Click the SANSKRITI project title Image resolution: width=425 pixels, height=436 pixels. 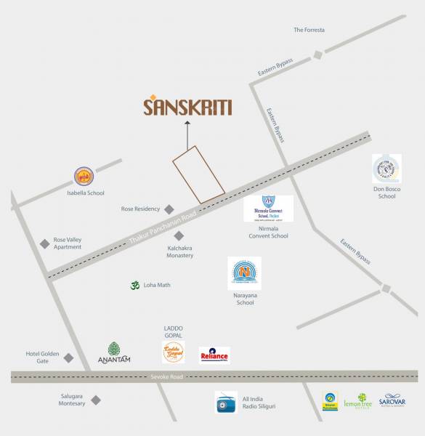[x=187, y=108]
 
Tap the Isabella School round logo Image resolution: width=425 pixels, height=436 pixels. [x=85, y=177]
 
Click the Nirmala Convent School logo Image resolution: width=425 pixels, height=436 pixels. [x=269, y=209]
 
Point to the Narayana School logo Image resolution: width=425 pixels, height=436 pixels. [x=244, y=274]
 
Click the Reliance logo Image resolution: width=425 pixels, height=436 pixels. [x=214, y=355]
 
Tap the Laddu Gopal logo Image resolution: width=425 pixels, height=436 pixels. [x=173, y=352]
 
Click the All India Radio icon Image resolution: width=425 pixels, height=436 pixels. [x=227, y=402]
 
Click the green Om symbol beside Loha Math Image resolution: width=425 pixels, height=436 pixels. [x=134, y=286]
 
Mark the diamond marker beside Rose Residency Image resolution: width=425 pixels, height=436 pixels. [x=169, y=209]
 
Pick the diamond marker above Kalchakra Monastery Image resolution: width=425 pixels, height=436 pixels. [x=179, y=235]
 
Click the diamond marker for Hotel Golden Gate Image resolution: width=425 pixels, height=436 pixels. [x=68, y=358]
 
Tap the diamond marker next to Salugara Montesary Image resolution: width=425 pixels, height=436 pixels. [x=95, y=400]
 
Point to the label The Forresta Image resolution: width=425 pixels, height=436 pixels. [x=309, y=30]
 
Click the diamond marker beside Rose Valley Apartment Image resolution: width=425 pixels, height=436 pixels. [x=44, y=243]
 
